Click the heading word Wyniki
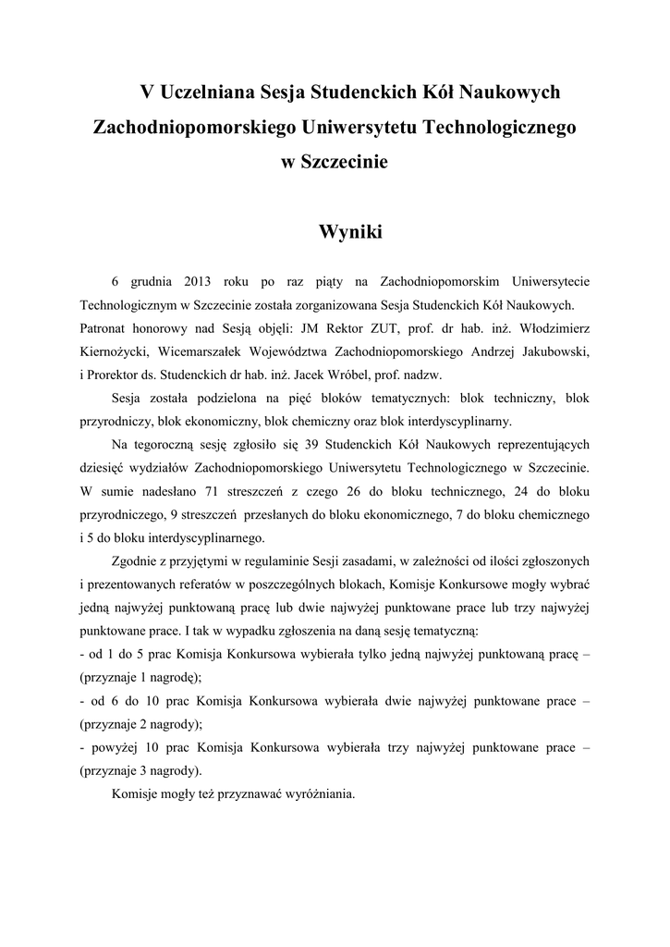tap(349, 232)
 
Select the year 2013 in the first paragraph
tap(200, 279)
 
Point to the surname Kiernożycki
tap(116, 351)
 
